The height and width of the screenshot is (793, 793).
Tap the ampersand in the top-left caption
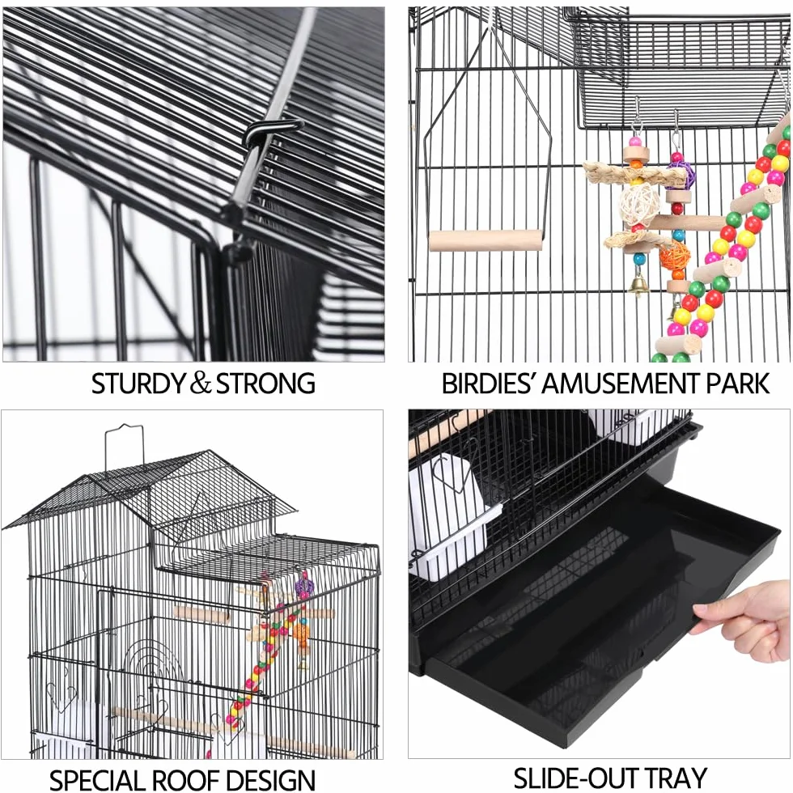coord(201,383)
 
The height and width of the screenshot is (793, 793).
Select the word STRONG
coord(265,384)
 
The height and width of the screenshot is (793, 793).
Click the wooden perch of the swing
coord(486,240)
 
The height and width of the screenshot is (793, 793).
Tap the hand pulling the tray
coord(744,620)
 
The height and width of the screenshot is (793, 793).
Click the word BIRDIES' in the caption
coord(489,384)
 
